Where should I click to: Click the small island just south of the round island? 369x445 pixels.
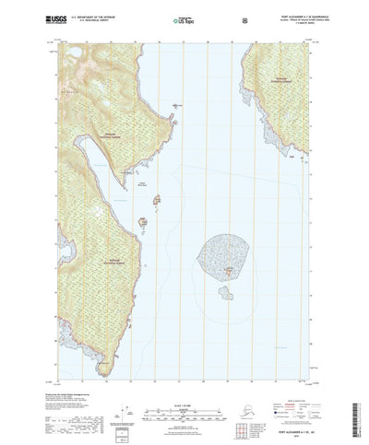224,294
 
